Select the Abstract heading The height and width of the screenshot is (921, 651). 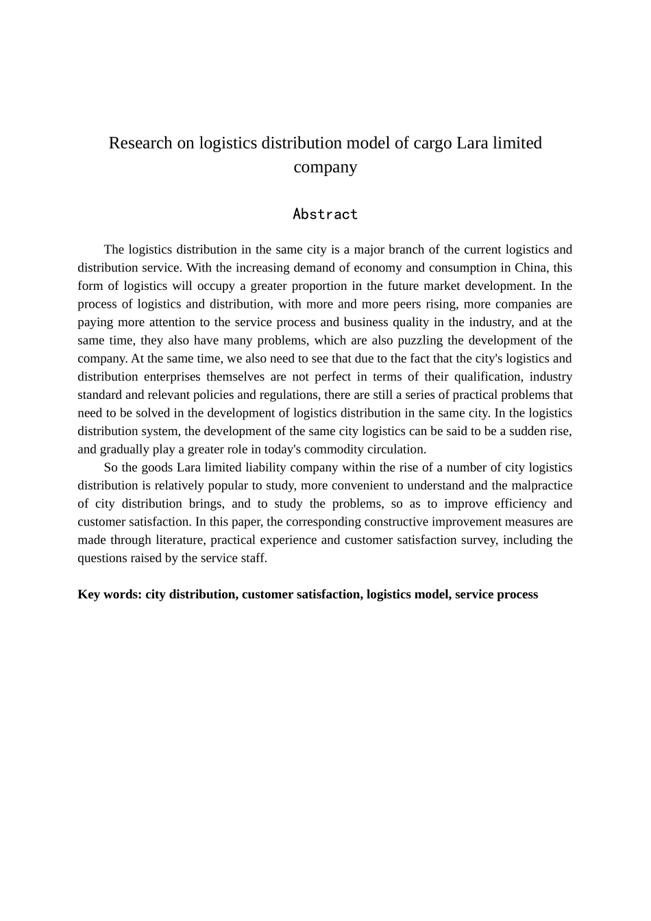(325, 214)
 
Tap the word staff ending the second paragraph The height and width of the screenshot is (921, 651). (255, 558)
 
